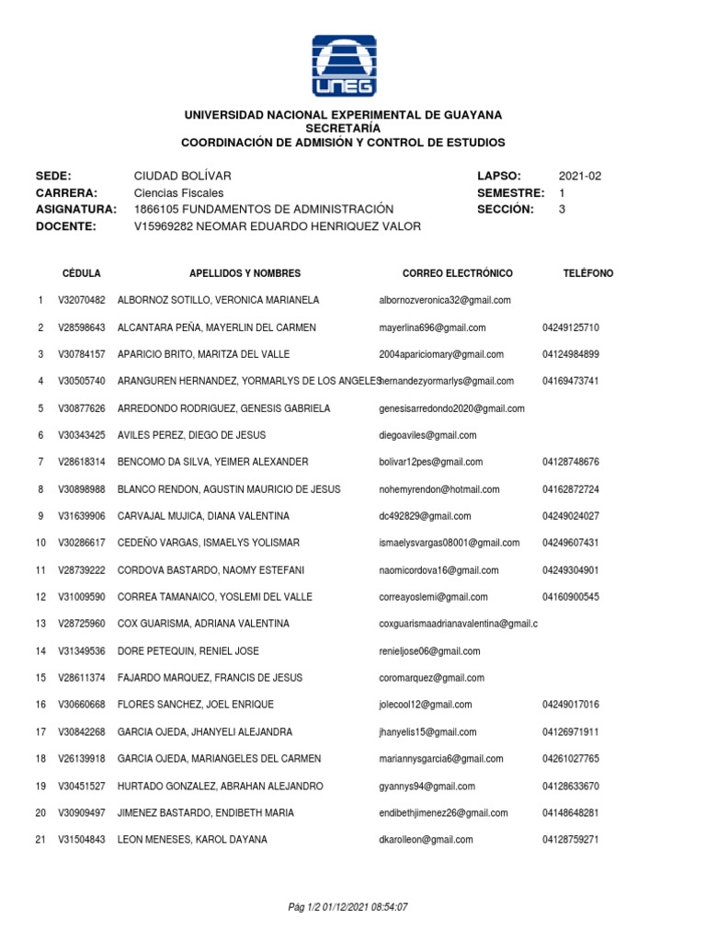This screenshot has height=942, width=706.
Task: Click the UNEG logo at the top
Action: tap(343, 65)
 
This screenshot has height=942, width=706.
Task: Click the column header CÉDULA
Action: tap(82, 274)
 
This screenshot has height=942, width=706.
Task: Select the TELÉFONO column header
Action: tap(588, 274)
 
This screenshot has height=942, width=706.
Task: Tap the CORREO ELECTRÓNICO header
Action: tap(458, 274)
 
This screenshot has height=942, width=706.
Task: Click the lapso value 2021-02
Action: tap(580, 176)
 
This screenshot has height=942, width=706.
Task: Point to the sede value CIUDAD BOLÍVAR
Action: tap(183, 176)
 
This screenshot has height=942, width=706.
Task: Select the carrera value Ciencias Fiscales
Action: tap(178, 193)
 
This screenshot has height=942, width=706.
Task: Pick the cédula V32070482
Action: tap(82, 301)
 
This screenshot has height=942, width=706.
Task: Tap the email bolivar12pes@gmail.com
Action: tap(431, 462)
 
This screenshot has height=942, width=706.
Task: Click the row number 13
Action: tap(40, 624)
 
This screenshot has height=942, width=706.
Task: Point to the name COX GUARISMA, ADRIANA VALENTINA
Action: tap(204, 624)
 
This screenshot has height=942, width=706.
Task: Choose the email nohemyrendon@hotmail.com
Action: tap(439, 489)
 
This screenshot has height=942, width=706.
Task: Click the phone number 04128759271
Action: tap(571, 839)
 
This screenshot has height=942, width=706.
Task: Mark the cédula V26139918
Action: tap(82, 759)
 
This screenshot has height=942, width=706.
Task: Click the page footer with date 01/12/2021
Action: tap(347, 907)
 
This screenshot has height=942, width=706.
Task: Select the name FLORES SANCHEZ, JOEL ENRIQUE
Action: tap(196, 705)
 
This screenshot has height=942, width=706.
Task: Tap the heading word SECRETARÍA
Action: tap(343, 129)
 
